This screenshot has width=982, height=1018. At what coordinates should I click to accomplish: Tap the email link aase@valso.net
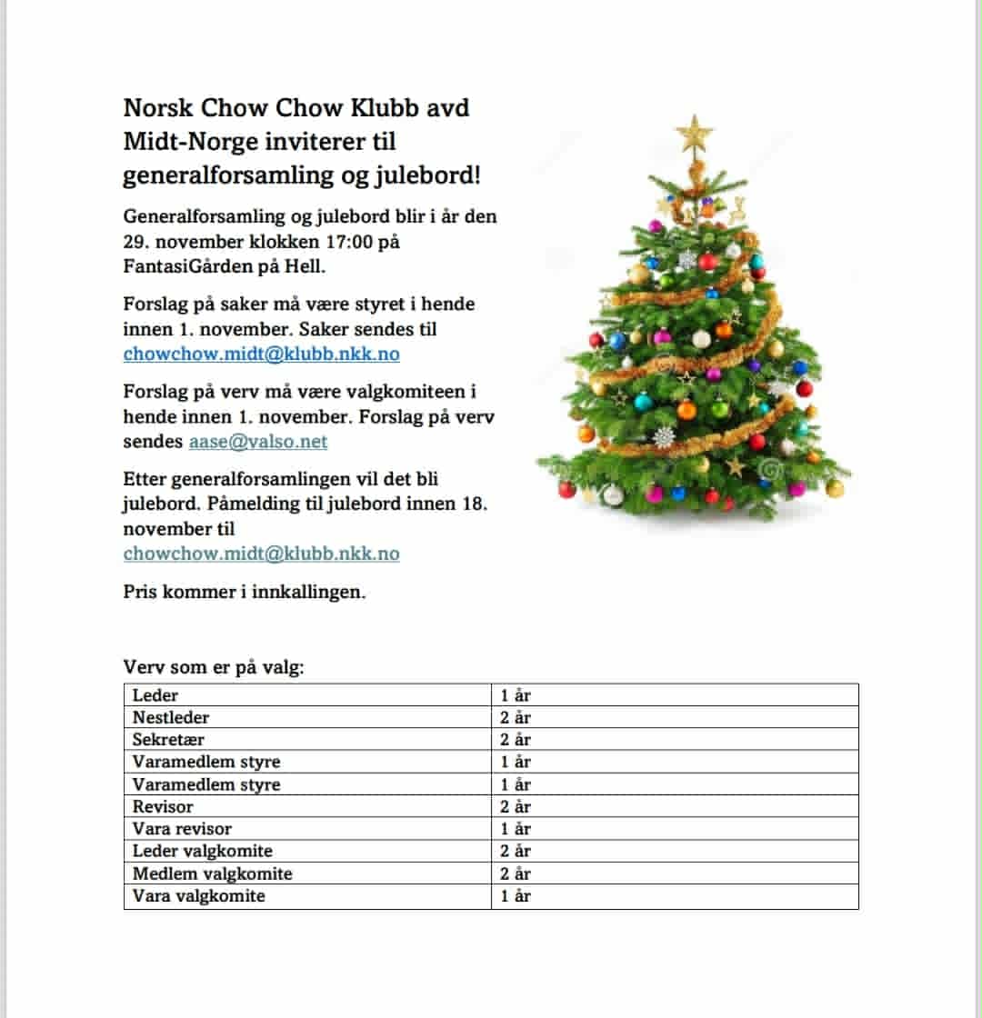(258, 443)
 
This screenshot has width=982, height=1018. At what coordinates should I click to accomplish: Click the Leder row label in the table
(155, 695)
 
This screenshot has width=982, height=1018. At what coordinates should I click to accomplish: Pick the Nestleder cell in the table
(171, 718)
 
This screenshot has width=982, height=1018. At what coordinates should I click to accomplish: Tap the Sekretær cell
(169, 740)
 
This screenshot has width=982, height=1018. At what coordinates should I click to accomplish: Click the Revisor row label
(163, 807)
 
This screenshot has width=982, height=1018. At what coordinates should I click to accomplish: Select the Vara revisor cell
(182, 829)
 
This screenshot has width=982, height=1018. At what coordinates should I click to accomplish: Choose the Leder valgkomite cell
(202, 852)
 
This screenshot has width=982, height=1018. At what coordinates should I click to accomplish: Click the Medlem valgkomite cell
(212, 874)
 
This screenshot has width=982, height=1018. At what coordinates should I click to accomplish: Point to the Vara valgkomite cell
(198, 896)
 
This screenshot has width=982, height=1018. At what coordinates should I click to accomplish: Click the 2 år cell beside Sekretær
(516, 740)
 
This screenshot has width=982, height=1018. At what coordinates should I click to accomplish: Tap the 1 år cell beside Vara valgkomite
(516, 896)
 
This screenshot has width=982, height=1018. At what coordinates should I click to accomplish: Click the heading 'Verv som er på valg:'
(214, 668)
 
